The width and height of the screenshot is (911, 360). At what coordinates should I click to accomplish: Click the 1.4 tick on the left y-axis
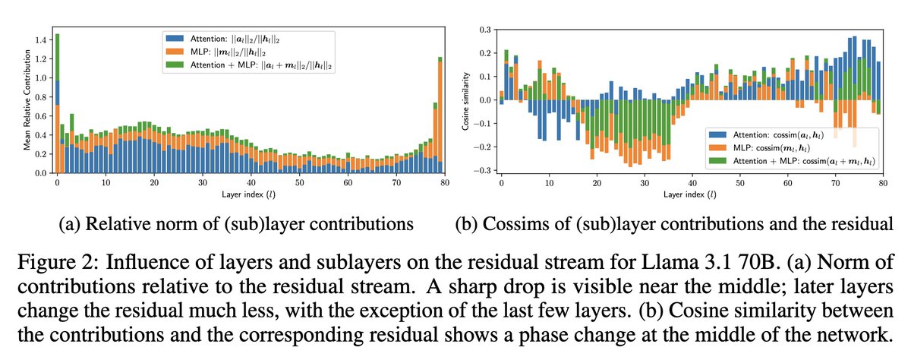[x=40, y=39]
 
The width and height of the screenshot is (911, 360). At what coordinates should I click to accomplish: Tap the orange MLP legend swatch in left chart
[x=175, y=52]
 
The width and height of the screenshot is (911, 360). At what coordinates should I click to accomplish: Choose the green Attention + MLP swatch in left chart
[x=175, y=66]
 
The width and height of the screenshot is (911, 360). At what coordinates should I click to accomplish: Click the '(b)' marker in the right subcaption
[x=465, y=226]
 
